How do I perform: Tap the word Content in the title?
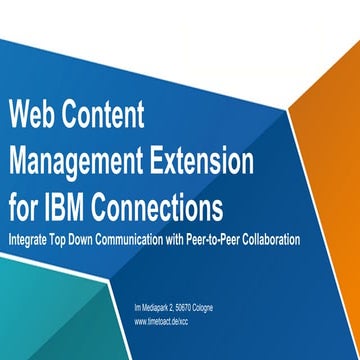pos(104,117)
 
